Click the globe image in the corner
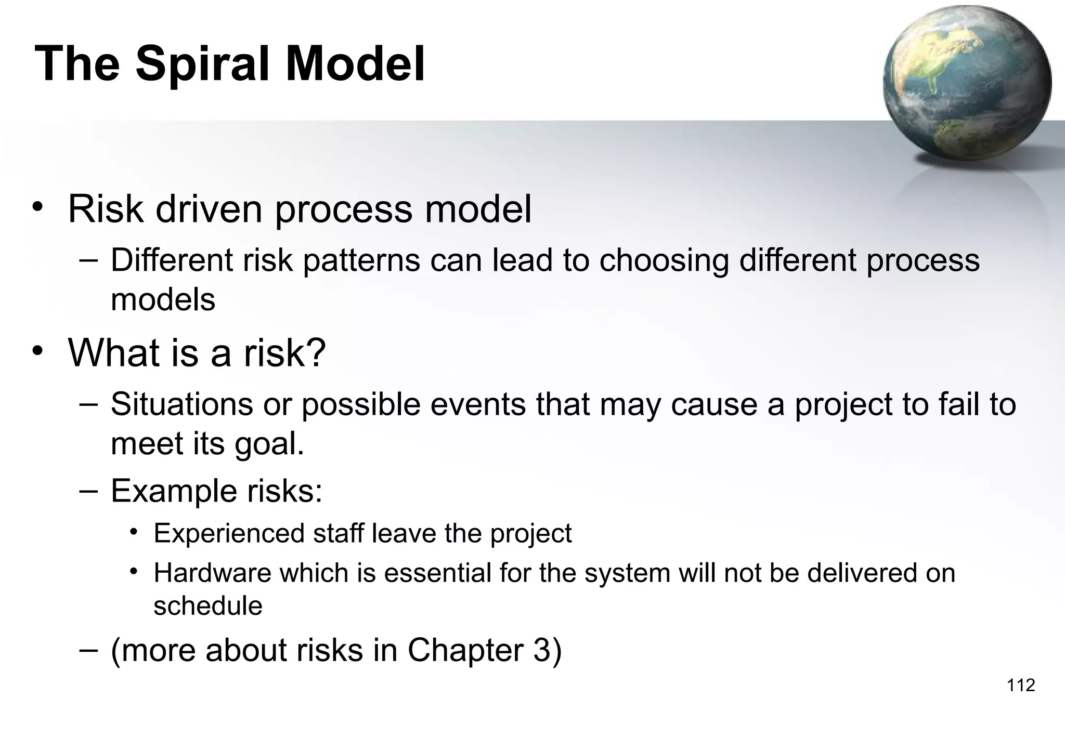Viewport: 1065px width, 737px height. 966,83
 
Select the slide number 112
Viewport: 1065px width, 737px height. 1021,685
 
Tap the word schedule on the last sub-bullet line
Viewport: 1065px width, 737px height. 208,606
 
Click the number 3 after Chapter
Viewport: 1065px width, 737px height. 541,650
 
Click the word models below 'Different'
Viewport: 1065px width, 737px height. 163,300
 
